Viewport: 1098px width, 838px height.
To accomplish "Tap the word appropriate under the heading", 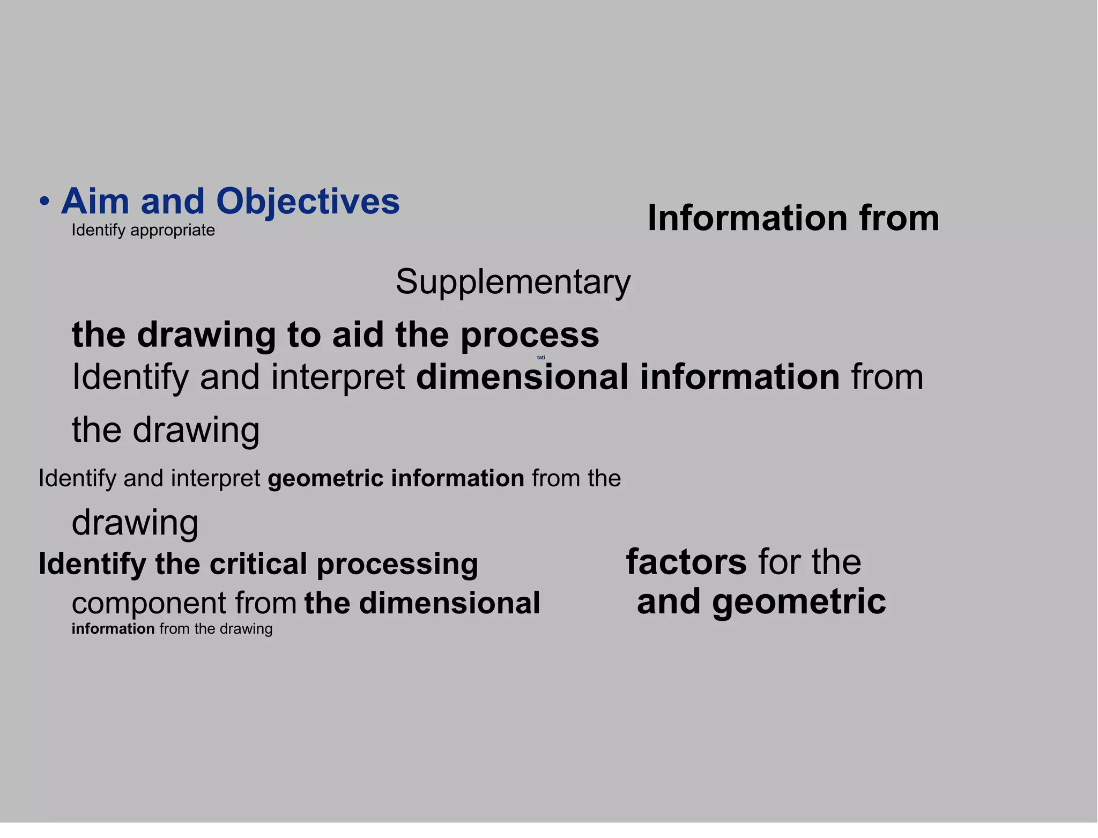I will (172, 230).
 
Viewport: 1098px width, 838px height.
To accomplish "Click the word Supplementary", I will (513, 282).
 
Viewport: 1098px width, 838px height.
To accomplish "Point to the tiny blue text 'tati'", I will (541, 358).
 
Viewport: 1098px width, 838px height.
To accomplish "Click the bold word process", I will (530, 336).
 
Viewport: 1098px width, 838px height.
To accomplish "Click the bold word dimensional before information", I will (522, 377).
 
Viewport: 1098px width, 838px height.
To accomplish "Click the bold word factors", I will (686, 562).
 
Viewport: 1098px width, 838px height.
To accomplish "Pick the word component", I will (149, 604).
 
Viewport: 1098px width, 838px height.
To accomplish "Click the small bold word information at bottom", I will (113, 629).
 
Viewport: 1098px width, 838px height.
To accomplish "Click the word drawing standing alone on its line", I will (135, 522).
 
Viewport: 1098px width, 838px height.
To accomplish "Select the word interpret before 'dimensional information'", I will (338, 377).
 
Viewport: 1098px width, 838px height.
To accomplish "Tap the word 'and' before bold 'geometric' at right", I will (669, 602).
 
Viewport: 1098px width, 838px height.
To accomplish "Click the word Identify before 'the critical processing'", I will (92, 564).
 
